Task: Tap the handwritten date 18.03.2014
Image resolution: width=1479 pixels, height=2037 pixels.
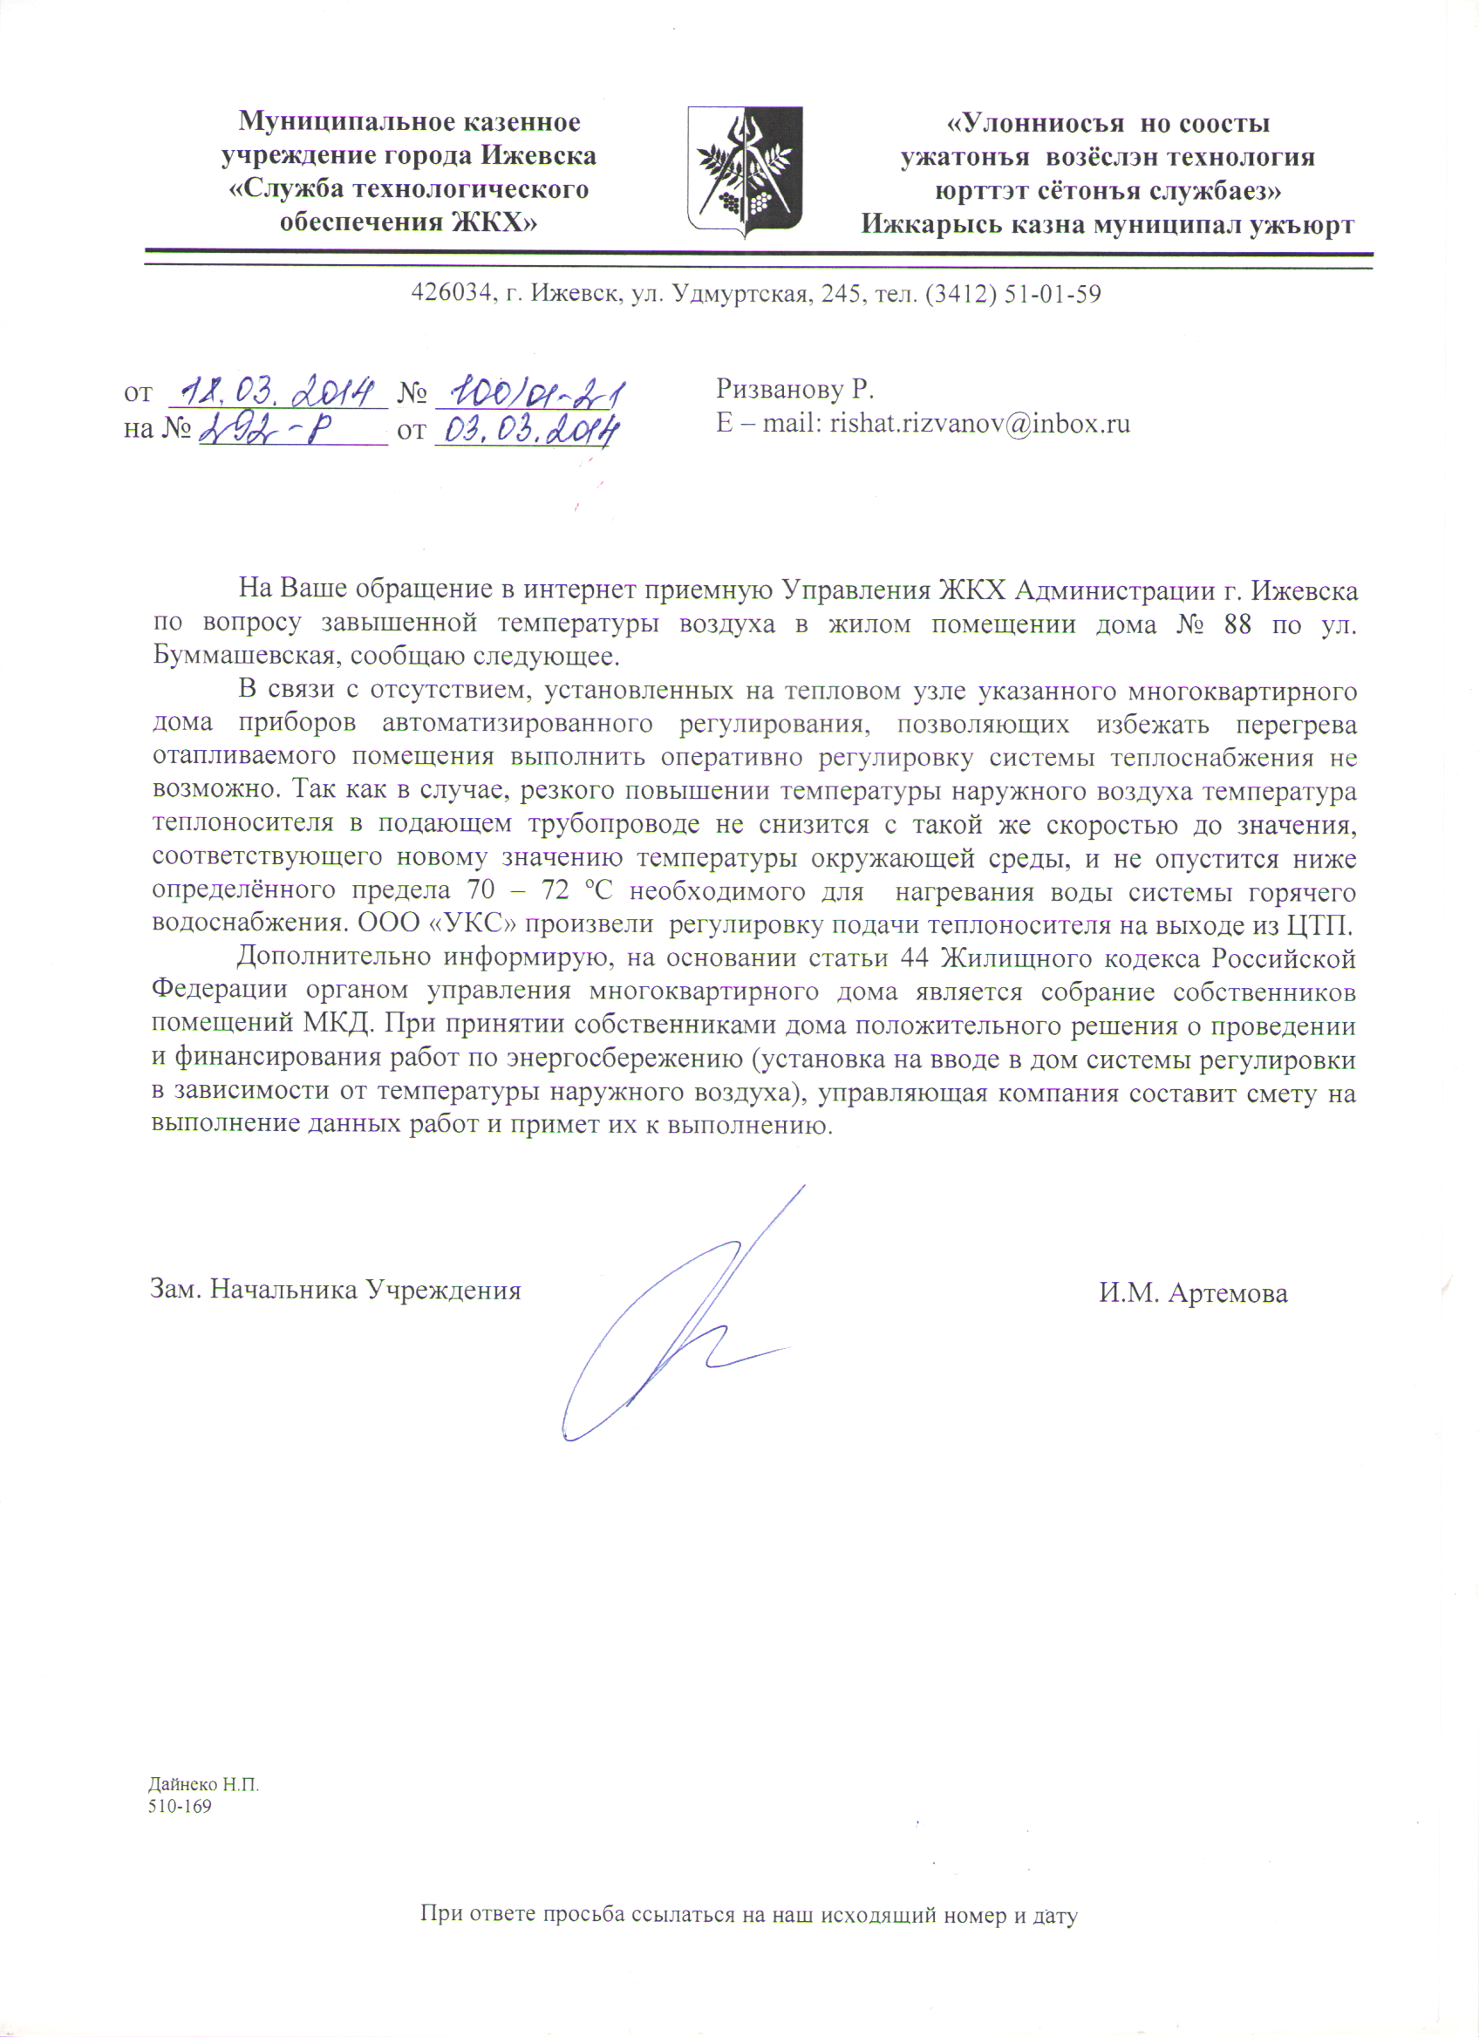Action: point(277,392)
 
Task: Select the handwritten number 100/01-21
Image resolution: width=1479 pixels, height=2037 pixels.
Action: point(535,392)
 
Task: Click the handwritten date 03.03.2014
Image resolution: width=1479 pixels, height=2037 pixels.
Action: point(527,431)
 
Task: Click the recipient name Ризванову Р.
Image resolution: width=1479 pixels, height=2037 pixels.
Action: point(794,389)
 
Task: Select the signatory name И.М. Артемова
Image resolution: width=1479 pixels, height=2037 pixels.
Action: point(1193,1292)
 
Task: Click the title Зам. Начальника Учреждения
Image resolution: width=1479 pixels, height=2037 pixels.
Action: point(335,1290)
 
